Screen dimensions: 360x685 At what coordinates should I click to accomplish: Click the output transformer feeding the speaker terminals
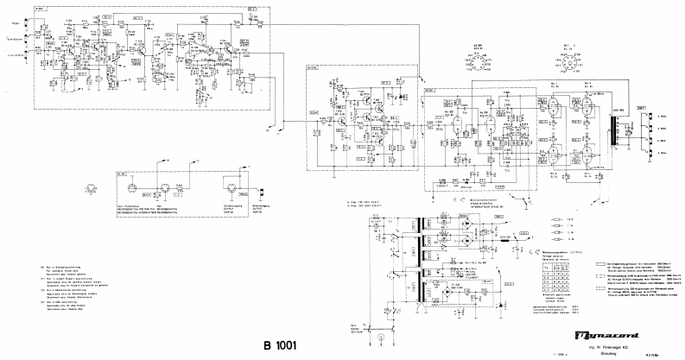[x=618, y=134]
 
